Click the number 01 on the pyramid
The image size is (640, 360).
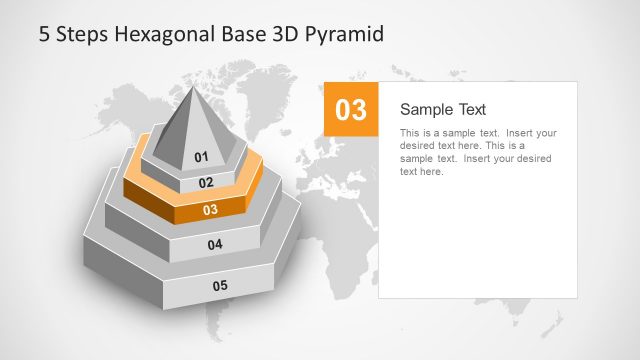click(201, 157)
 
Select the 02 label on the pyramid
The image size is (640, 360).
click(206, 183)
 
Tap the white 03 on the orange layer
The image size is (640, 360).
click(211, 210)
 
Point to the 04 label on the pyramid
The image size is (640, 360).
click(215, 245)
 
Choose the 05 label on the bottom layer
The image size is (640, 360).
click(220, 286)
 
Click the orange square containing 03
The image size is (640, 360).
click(351, 110)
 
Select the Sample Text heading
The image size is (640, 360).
click(443, 110)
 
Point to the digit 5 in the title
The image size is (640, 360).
click(44, 34)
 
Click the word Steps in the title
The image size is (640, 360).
click(78, 34)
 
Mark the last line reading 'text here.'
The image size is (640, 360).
click(421, 172)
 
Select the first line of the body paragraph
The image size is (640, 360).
click(478, 133)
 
